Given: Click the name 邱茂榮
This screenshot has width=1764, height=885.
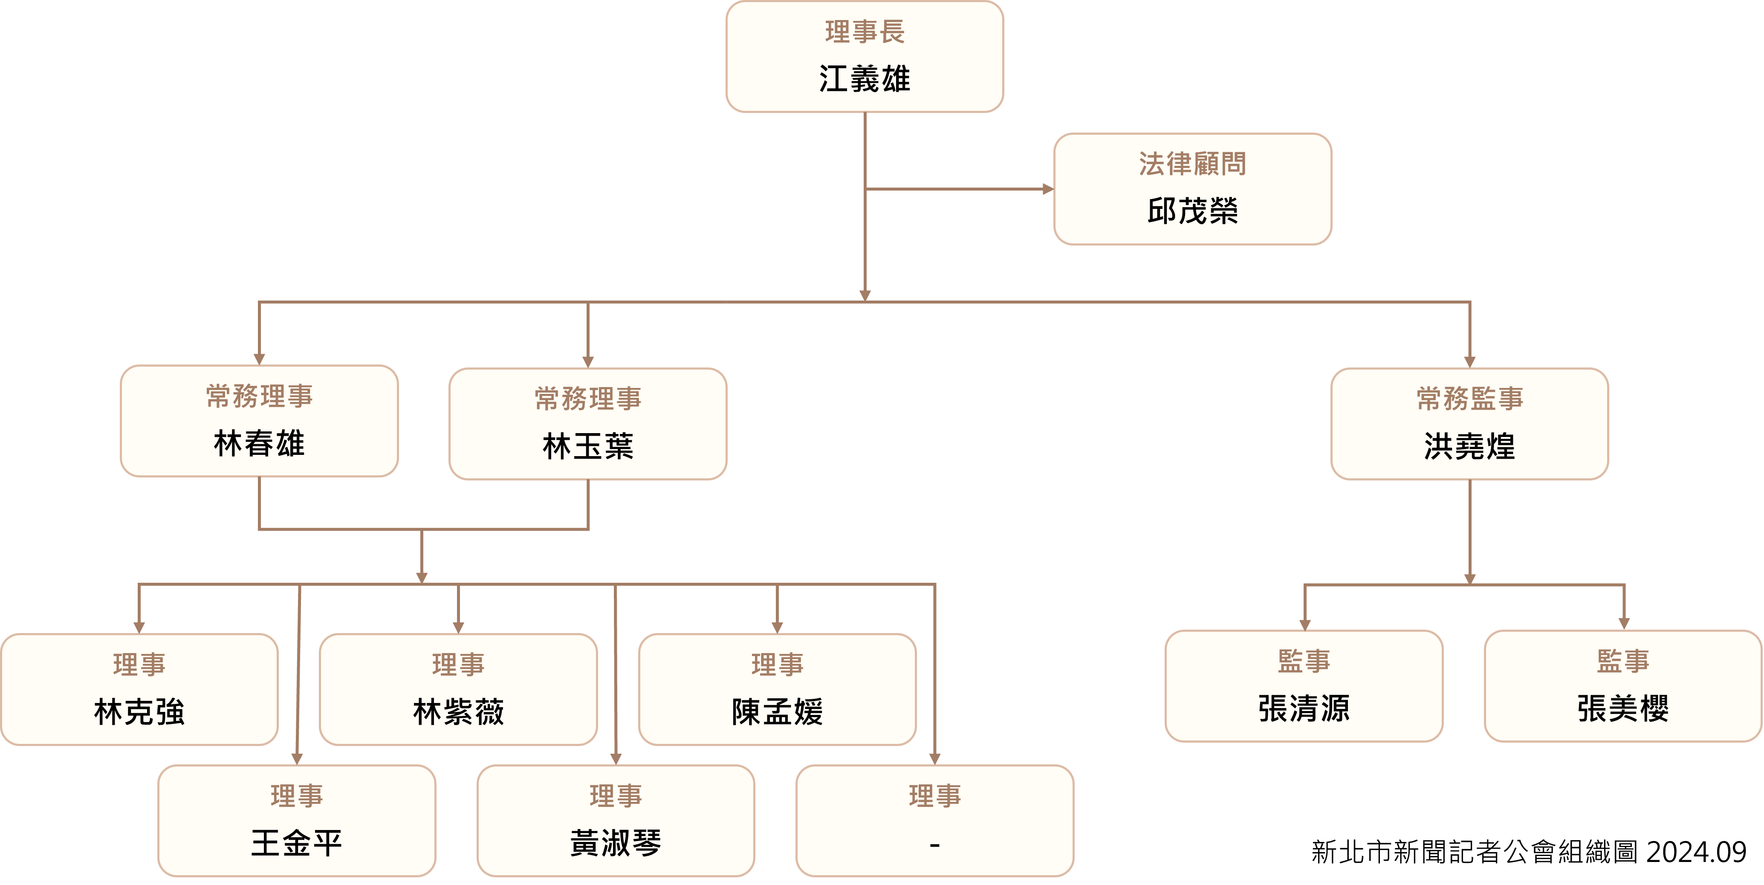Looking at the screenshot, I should point(1192,211).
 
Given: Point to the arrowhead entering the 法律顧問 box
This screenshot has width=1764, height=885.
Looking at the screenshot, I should point(1048,189).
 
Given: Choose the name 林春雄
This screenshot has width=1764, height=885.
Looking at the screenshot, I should point(259,444).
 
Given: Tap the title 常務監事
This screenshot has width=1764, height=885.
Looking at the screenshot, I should point(1469,399).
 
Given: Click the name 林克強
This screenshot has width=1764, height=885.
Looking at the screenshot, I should point(139,711).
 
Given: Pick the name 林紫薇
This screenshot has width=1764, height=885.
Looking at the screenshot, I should point(458,711).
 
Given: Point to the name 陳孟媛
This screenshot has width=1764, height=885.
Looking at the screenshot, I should point(777,711).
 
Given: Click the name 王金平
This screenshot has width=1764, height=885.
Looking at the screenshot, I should point(297,843).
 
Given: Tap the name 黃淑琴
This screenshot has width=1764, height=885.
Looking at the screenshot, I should point(616,843).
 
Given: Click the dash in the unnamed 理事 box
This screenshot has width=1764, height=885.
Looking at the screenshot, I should point(935,846).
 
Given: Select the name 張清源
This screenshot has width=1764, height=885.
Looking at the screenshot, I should point(1304,708).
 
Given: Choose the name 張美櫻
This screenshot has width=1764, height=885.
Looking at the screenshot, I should point(1623,708).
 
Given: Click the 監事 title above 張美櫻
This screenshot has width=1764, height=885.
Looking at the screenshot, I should point(1623,661).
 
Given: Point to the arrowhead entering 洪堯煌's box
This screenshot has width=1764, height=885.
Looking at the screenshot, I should point(1469,362).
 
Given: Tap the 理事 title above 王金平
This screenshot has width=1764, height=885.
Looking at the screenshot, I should point(297,796).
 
